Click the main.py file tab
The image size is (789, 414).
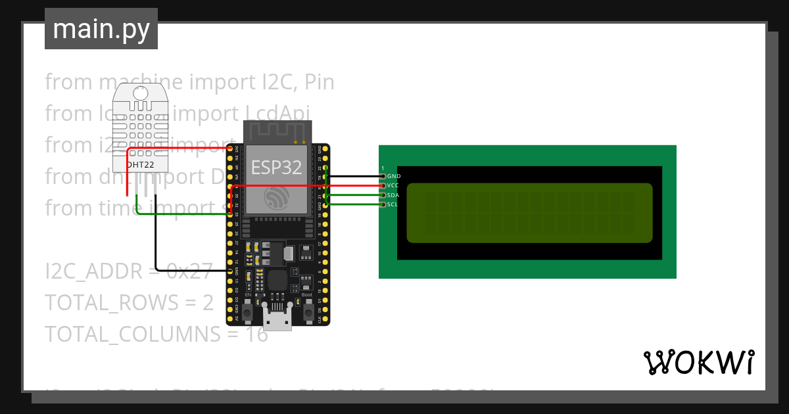coord(101,29)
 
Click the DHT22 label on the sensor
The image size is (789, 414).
coord(140,164)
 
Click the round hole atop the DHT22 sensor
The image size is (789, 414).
coord(140,93)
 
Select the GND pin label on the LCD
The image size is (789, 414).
coord(394,176)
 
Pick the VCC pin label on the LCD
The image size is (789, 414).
coord(393,186)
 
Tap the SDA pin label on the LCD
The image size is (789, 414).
coord(393,195)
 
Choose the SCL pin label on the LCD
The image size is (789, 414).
coord(393,204)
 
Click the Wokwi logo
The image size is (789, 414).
coord(698,362)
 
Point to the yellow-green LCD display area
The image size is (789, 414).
coord(529,212)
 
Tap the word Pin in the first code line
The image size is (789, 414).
coord(320,82)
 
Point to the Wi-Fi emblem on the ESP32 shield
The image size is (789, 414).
coord(276,196)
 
